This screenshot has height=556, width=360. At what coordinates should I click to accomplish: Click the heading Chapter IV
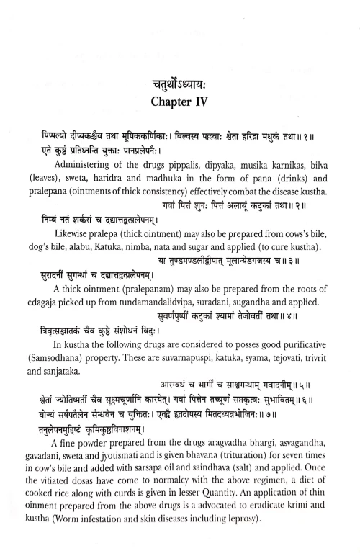click(180, 102)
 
